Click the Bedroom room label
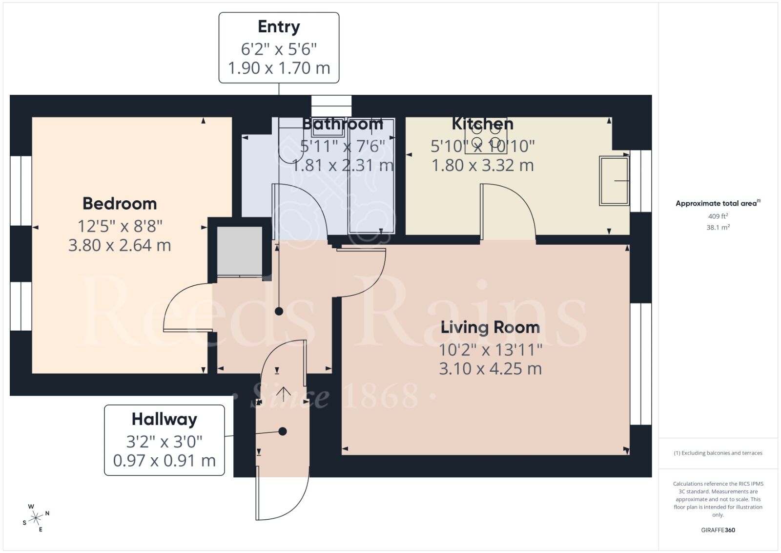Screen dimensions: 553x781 pyautogui.click(x=120, y=204)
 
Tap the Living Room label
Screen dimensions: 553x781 pyautogui.click(x=490, y=327)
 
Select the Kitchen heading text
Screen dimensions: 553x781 pyautogui.click(x=482, y=124)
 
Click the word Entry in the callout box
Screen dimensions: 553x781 pyautogui.click(x=279, y=27)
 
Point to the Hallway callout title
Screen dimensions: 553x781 pyautogui.click(x=164, y=419)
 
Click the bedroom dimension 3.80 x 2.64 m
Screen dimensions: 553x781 pyautogui.click(x=120, y=245)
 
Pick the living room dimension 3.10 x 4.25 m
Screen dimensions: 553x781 pyautogui.click(x=490, y=369)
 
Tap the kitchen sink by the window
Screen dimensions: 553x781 pyautogui.click(x=614, y=180)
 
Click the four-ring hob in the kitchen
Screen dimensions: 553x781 pyautogui.click(x=486, y=136)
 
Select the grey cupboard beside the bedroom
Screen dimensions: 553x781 pyautogui.click(x=239, y=251)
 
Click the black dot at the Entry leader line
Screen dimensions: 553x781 pyautogui.click(x=279, y=311)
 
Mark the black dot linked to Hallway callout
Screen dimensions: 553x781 pyautogui.click(x=283, y=431)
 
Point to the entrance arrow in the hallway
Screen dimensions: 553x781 pyautogui.click(x=284, y=394)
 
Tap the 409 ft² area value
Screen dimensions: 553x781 pyautogui.click(x=718, y=216)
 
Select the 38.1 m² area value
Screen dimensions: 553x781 pyautogui.click(x=718, y=227)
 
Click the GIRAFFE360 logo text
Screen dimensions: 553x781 pyautogui.click(x=718, y=530)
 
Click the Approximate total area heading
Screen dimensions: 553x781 pyautogui.click(x=716, y=204)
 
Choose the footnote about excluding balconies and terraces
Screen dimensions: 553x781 pyautogui.click(x=718, y=453)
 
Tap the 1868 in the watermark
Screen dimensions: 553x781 pyautogui.click(x=381, y=396)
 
